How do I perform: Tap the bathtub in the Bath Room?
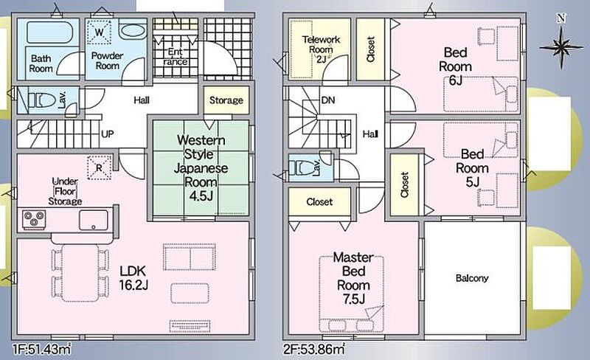coord(49,32)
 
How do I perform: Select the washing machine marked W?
coord(100,32)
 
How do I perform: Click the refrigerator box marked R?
coord(100,167)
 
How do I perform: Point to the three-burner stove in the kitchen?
coord(34,220)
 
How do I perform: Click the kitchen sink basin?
coord(94,220)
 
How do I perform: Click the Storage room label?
coord(226,100)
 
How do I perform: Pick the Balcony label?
coord(472,278)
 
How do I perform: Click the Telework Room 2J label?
coord(321,49)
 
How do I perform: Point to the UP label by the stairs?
coord(107,134)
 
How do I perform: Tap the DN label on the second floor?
coord(328,100)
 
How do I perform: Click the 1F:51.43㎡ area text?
coord(41,349)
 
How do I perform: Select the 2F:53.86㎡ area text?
coord(314,349)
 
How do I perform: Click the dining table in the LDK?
coord(80,273)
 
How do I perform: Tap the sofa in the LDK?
coord(190,257)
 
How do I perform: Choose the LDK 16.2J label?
coord(133,277)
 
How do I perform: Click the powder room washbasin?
coord(133,31)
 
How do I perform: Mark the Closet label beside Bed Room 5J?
coord(404,184)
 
